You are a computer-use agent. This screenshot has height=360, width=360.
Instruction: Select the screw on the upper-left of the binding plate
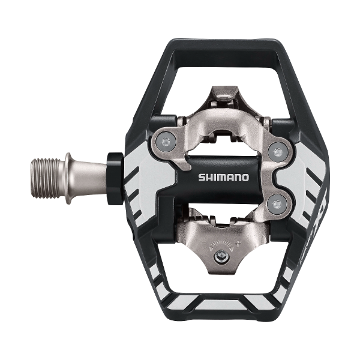166,142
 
